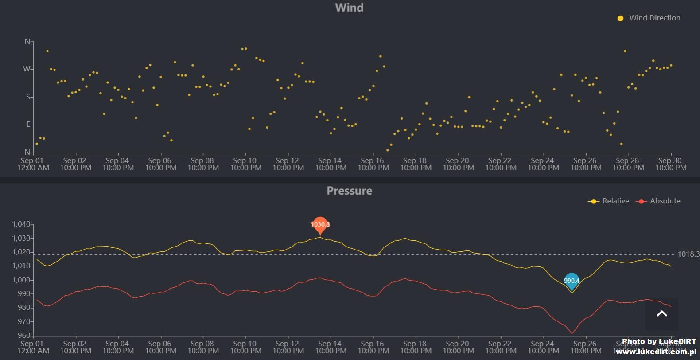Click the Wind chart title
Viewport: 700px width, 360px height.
click(x=349, y=8)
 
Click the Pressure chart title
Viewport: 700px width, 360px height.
click(x=349, y=191)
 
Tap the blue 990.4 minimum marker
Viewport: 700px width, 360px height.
click(x=572, y=280)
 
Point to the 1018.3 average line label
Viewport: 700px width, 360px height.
click(x=688, y=254)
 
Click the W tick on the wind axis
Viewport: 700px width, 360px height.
click(x=27, y=69)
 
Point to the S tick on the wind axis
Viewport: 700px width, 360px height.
click(x=28, y=97)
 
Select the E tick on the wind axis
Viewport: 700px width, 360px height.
click(x=28, y=125)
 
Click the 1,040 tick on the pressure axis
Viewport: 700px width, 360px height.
click(x=21, y=224)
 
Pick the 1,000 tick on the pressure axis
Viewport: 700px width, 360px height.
click(x=21, y=280)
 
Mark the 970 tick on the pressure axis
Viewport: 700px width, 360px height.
click(x=24, y=321)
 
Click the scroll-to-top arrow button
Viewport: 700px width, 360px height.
click(x=661, y=314)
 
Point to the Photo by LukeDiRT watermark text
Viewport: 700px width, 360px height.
click(x=659, y=341)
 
